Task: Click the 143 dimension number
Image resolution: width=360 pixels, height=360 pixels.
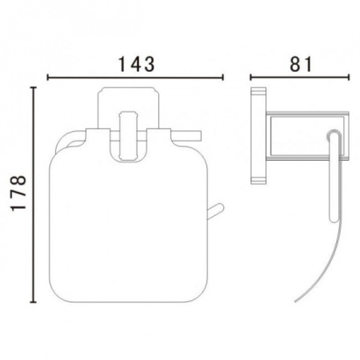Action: coord(136,64)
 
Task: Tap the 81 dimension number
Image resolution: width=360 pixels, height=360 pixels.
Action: coord(300,64)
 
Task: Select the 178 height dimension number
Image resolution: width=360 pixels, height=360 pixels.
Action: coord(18,194)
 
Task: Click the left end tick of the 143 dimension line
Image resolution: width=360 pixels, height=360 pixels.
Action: coord(48,78)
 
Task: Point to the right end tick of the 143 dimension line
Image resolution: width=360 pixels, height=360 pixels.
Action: coord(222,78)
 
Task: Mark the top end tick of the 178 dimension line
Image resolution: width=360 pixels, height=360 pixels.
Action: coord(33,87)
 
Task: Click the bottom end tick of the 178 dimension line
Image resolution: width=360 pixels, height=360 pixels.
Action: coord(33,302)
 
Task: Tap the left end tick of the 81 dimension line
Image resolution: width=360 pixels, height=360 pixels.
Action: coord(250,78)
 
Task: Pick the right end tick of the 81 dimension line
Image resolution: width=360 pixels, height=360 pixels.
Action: coord(348,78)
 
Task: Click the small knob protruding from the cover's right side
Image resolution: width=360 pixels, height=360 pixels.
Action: coord(216,211)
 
